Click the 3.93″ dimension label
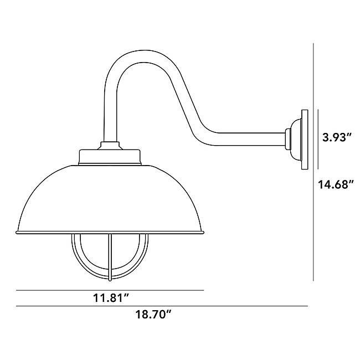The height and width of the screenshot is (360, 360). point(337,138)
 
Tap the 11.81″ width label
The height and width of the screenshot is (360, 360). point(110,299)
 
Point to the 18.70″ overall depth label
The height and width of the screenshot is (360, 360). point(153,314)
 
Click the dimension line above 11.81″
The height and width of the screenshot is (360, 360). point(110,290)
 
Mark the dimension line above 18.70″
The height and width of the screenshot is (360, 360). point(161,306)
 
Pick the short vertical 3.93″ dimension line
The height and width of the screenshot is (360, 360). point(318,138)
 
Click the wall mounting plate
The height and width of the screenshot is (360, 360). point(304,139)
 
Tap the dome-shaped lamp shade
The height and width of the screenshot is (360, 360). point(111,199)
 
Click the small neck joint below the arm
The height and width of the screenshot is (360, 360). point(110,146)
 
